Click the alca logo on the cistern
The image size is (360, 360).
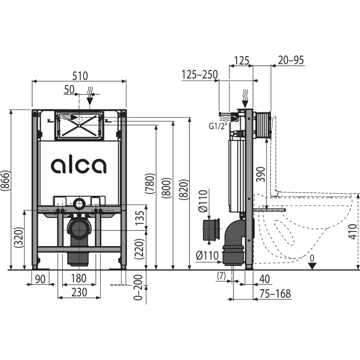pyautogui.click(x=78, y=165)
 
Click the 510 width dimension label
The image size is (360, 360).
pyautogui.click(x=80, y=76)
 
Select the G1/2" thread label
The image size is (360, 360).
pyautogui.click(x=218, y=126)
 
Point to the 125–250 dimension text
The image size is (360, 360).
pyautogui.click(x=199, y=75)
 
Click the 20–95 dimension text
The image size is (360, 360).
pyautogui.click(x=291, y=60)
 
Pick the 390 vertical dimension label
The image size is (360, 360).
pyautogui.click(x=261, y=175)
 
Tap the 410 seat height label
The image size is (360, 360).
pyautogui.click(x=353, y=232)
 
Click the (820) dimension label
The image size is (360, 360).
pyautogui.click(x=184, y=189)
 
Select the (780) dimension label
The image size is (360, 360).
pyautogui.click(x=150, y=184)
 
